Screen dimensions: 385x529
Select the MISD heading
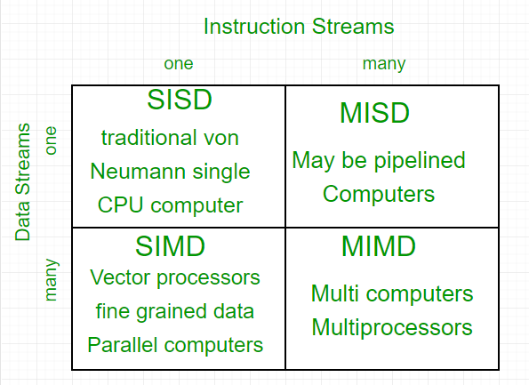click(374, 114)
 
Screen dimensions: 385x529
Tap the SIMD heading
click(170, 245)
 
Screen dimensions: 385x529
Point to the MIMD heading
click(378, 247)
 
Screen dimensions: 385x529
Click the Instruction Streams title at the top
click(298, 27)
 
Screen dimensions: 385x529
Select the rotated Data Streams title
click(24, 182)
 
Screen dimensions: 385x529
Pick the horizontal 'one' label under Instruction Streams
click(178, 63)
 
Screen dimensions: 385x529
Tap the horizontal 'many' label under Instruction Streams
click(384, 63)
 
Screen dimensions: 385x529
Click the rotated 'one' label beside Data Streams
click(51, 140)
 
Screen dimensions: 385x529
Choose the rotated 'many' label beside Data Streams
click(51, 279)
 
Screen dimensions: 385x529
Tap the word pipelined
click(422, 161)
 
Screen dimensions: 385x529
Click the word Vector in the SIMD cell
click(116, 277)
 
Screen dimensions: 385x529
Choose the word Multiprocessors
click(391, 327)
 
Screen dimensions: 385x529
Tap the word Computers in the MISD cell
click(379, 194)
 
